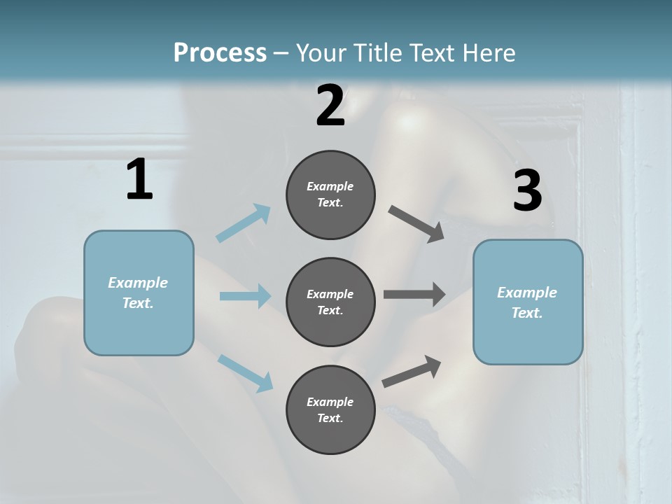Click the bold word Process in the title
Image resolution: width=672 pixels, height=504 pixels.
(220, 52)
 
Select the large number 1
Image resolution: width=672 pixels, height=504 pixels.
(139, 180)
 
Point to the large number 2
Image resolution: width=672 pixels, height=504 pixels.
(330, 106)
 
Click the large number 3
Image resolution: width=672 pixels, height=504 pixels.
(527, 191)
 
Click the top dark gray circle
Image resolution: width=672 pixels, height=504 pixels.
(330, 195)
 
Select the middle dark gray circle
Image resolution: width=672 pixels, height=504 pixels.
(330, 302)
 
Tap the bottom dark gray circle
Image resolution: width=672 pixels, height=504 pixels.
(330, 409)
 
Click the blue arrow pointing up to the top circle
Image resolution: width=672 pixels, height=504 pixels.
(244, 223)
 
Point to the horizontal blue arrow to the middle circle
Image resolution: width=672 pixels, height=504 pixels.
(245, 296)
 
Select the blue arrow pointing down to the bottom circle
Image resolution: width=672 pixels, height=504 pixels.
(245, 372)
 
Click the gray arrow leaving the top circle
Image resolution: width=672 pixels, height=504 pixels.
(416, 223)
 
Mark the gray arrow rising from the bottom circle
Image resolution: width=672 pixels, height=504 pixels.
(412, 371)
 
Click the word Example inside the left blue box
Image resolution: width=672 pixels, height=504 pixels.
(138, 283)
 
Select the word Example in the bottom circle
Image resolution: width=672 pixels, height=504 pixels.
(330, 402)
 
